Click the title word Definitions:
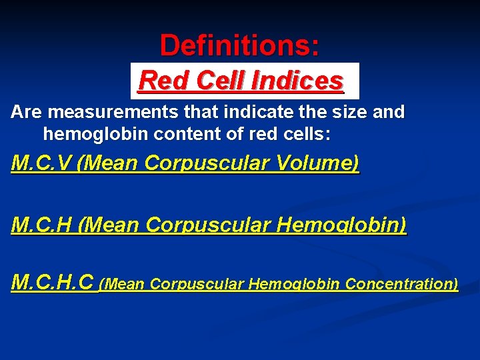[239, 45]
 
